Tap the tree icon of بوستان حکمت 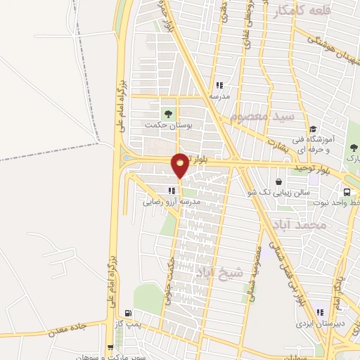[167, 113]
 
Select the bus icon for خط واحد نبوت [347, 192]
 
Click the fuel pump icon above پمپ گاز [127, 313]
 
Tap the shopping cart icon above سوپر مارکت [110, 347]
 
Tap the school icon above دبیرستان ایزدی [320, 313]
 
